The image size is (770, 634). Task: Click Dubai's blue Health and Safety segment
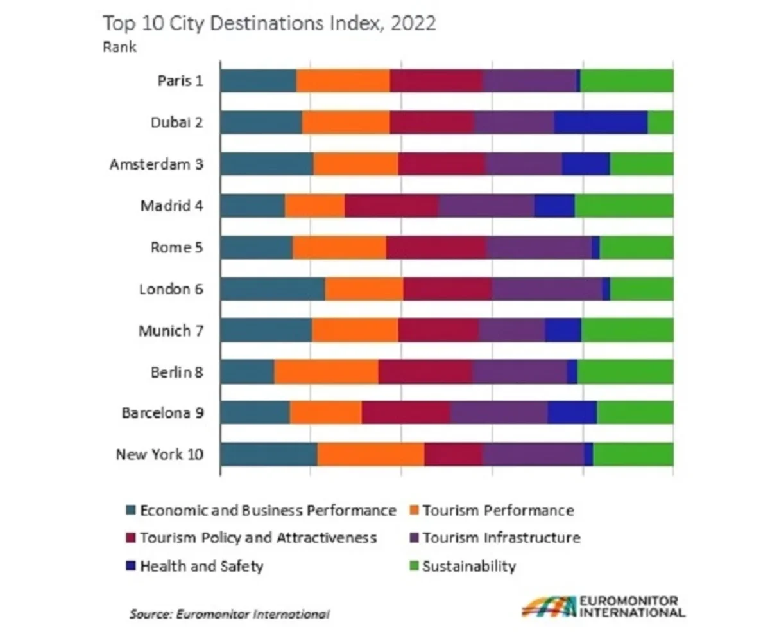pos(601,122)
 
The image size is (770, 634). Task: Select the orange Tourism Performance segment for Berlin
pos(326,372)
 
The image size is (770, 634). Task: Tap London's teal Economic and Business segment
pos(272,289)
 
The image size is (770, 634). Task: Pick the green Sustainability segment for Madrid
pos(624,206)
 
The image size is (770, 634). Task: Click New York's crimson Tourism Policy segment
pos(453,455)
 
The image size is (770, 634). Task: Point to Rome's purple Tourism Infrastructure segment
pos(539,247)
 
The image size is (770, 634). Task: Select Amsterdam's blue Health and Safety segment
pos(586,164)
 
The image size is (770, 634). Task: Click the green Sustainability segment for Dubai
pos(660,122)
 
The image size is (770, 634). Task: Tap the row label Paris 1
pos(180,81)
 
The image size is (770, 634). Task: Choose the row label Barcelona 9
pos(163,413)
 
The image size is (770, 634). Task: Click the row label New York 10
pos(160,455)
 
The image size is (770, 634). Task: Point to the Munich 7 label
pos(171,331)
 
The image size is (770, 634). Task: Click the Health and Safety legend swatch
pos(131,567)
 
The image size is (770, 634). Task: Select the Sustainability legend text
pos(469,567)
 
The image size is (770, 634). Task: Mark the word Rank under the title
pos(119,48)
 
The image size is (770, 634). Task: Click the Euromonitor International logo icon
pos(548,606)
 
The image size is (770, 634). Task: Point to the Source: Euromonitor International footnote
pos(230,614)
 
